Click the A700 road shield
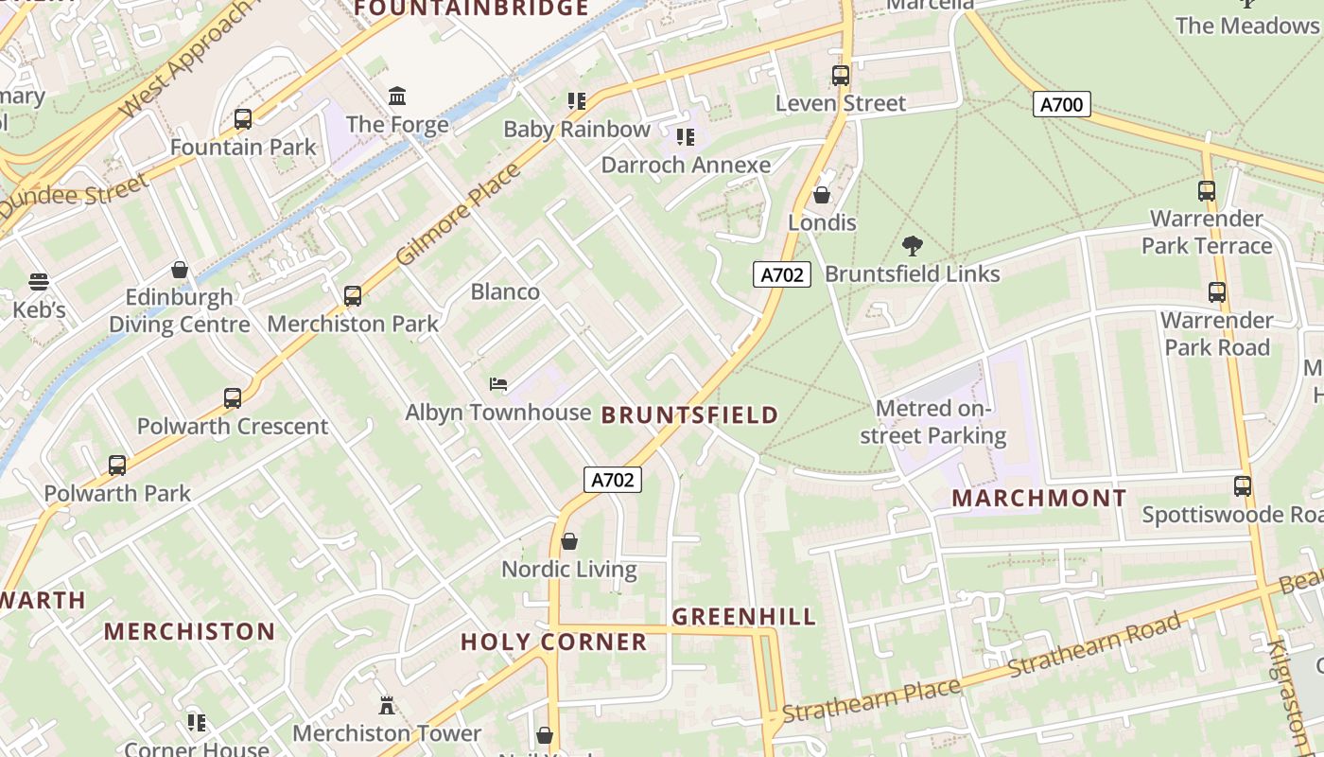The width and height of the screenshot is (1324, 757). coord(1061,104)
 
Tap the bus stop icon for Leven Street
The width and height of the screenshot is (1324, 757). coord(840,76)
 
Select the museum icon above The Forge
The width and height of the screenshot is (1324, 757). coord(397,97)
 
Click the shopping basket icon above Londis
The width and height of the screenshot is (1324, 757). coord(822,196)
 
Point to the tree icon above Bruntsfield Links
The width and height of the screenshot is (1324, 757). coord(913,247)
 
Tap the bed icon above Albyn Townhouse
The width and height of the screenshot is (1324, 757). coord(498,384)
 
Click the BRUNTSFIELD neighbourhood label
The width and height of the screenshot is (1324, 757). coord(689,414)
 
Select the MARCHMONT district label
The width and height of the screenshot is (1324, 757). coord(1039,498)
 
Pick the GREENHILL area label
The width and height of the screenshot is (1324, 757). coord(743,617)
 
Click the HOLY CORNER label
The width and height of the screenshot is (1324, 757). coord(553,642)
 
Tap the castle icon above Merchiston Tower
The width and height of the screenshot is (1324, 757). coord(387,706)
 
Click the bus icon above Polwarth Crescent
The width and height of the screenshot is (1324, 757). coord(233,398)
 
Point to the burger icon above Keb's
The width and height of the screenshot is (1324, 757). coord(39,282)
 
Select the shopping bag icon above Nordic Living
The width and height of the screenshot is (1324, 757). coord(569,541)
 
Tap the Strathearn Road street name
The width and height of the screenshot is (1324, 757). coord(1094,643)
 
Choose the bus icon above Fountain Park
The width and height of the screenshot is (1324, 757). coord(243,119)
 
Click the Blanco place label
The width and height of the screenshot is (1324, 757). coord(505,291)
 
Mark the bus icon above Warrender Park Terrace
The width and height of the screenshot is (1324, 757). coord(1207,191)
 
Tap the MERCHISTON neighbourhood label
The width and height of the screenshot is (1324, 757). coord(189,631)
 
